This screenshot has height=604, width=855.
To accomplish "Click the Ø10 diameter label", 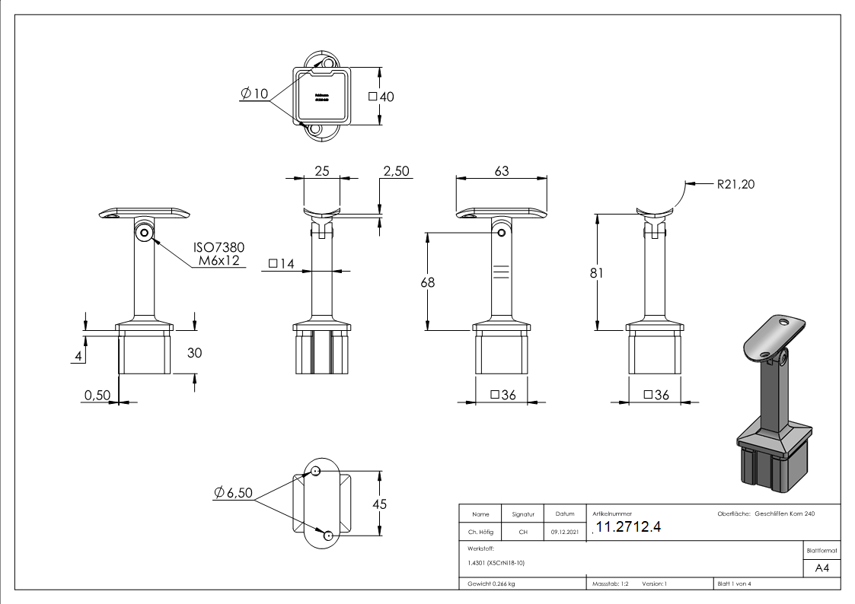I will (x=254, y=94).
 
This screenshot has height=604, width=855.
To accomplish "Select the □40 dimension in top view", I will (x=380, y=97).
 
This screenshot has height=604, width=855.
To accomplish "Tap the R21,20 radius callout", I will (x=735, y=183).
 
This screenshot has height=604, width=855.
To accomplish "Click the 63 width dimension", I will (x=501, y=171).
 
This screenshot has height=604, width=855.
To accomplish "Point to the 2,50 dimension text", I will (x=396, y=171).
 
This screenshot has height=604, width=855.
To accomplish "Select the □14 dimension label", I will (x=281, y=264).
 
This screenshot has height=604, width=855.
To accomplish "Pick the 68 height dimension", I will (x=428, y=282).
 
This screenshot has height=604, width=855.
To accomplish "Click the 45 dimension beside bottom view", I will (x=379, y=504).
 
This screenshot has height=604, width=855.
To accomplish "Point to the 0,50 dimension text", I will (x=97, y=396).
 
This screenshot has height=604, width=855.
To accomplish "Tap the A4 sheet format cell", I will (x=822, y=567).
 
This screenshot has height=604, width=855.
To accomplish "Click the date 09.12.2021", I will (x=564, y=532).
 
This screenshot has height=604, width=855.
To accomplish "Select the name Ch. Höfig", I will (x=480, y=532).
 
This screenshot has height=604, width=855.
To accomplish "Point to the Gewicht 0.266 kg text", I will (x=490, y=584).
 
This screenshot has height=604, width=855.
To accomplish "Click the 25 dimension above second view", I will (x=321, y=171).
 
